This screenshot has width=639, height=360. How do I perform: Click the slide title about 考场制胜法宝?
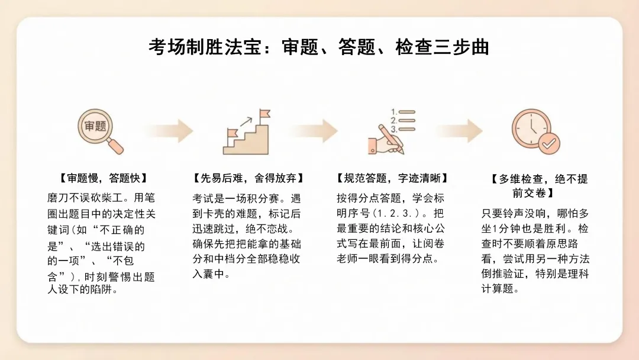[x=319, y=47]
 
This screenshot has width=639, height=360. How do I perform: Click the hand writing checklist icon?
[x=390, y=131]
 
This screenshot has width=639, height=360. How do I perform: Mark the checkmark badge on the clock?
[x=550, y=143]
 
